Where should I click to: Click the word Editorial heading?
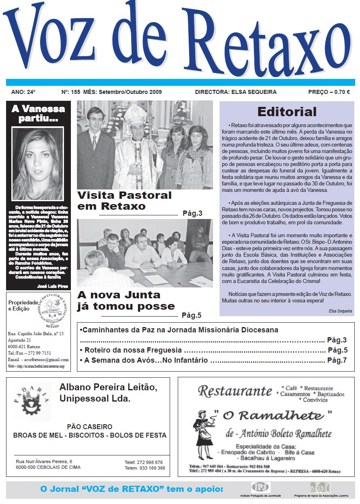click(x=287, y=111)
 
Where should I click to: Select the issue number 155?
click(x=75, y=92)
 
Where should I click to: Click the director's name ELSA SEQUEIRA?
click(x=254, y=92)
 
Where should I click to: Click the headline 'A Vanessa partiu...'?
click(x=38, y=114)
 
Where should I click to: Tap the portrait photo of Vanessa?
click(x=38, y=161)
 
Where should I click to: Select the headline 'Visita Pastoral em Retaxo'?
click(x=124, y=201)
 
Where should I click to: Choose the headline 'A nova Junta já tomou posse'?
click(x=126, y=300)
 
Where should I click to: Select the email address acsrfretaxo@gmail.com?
click(x=44, y=359)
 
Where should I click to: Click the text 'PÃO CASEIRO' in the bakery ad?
click(x=89, y=427)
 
